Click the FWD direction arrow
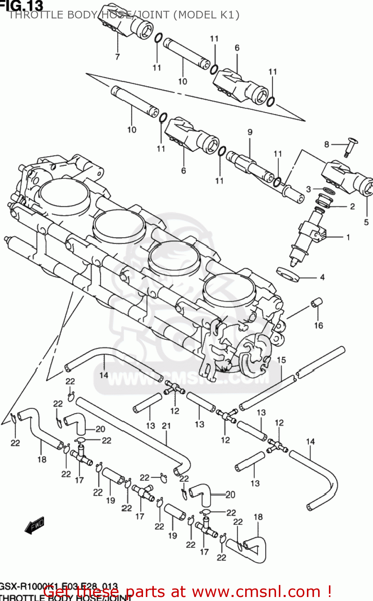(x=35, y=526)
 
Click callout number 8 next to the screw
(x=327, y=144)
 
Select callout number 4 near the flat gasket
(x=322, y=277)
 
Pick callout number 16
(x=319, y=325)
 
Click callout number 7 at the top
(x=117, y=57)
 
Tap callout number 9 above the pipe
(x=250, y=132)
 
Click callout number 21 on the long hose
(x=166, y=426)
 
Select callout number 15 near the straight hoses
(x=281, y=360)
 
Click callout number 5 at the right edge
(x=366, y=222)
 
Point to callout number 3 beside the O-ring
(x=308, y=189)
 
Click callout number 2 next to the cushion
(x=352, y=207)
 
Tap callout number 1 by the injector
(x=348, y=237)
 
